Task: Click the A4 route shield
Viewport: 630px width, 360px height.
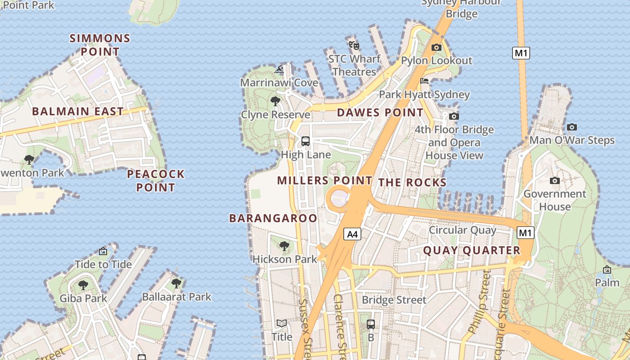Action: (353, 234)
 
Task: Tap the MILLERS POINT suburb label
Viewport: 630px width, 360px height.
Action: (324, 180)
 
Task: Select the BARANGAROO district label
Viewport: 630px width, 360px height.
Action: (273, 218)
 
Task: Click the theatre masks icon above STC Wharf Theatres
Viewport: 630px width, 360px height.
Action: (354, 45)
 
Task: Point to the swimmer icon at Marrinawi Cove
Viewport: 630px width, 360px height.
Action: (279, 70)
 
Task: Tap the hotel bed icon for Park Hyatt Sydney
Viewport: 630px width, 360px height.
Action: (424, 81)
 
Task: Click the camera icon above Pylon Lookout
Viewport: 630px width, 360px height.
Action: (436, 47)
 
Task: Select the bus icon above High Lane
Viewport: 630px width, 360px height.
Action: (306, 141)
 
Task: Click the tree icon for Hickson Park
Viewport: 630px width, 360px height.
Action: (284, 246)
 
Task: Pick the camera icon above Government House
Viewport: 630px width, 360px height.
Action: (555, 180)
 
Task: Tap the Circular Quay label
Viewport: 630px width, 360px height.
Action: (462, 230)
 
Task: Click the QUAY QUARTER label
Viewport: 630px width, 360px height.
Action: (472, 251)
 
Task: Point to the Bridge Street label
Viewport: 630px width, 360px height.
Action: (394, 300)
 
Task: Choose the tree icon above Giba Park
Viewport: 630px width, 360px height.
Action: (83, 285)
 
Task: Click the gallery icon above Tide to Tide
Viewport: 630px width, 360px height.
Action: (103, 251)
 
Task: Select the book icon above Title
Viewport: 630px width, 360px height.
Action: (282, 324)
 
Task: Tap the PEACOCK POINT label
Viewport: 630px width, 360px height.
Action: (156, 180)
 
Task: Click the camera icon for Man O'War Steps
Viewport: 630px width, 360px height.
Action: (572, 127)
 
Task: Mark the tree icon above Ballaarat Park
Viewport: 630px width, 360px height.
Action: (176, 283)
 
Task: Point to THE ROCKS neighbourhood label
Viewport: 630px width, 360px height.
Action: (412, 182)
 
